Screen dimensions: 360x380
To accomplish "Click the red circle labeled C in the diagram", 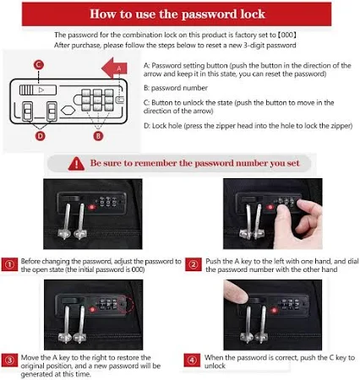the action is (39, 65).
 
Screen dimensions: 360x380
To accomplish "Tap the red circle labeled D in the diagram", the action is (41, 136).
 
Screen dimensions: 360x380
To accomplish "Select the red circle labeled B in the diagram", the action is (98, 136).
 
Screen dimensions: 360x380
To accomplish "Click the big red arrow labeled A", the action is (114, 68).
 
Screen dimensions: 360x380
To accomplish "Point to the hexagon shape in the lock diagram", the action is (68, 110).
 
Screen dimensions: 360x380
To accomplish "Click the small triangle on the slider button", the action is (41, 90).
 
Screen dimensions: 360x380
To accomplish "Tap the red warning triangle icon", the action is (76, 164).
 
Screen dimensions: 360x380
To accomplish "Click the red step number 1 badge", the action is (9, 264).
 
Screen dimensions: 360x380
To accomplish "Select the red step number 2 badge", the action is (194, 264).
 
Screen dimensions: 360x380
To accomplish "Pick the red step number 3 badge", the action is (9, 361).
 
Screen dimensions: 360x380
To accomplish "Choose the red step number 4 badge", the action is (192, 361).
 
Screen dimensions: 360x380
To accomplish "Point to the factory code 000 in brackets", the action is (286, 35).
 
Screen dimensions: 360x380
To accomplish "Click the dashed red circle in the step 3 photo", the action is (125, 304).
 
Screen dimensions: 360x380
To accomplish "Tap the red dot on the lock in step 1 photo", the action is (91, 208).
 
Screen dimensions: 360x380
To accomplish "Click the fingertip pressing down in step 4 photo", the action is (236, 293).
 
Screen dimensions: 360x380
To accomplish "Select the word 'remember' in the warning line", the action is (159, 163).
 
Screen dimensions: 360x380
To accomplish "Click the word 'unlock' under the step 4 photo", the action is (215, 366).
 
